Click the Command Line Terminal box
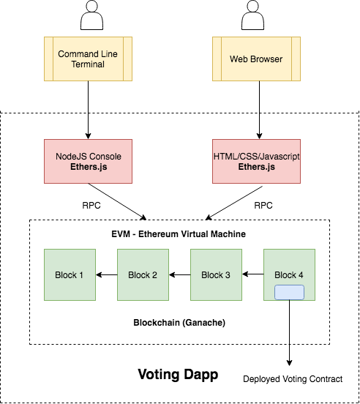coord(88,59)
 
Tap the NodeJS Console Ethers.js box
coord(88,162)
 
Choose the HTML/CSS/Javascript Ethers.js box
coord(256,162)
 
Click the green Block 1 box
coord(70,274)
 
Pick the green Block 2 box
coord(143,274)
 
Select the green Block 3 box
coord(216,274)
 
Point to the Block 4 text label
coord(288,275)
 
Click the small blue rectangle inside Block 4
coord(289,292)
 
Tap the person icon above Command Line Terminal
coord(89,14)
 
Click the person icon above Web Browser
coord(257,14)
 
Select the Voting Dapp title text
coord(178,375)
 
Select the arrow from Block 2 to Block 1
coord(106,275)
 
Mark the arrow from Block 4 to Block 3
coord(252,275)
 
